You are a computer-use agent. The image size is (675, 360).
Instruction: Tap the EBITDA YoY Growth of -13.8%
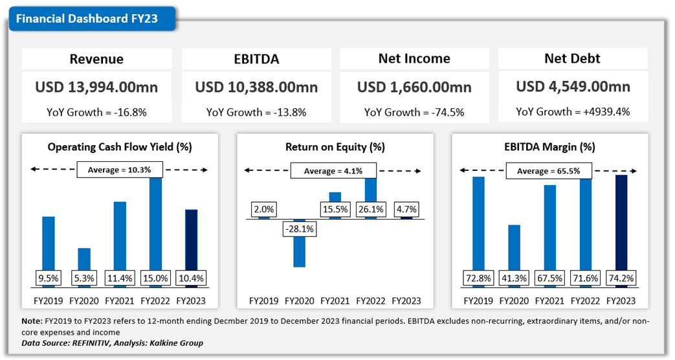[x=256, y=112]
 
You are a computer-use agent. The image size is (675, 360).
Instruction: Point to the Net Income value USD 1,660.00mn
[x=414, y=87]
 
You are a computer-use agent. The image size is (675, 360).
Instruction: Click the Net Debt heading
[x=572, y=59]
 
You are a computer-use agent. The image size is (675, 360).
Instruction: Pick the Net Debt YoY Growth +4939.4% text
[x=572, y=112]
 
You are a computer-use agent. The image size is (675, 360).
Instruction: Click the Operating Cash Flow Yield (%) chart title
[x=120, y=147]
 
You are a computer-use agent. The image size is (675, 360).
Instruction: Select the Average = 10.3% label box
[x=119, y=170]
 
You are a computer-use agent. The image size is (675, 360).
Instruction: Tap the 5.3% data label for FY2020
[x=84, y=279]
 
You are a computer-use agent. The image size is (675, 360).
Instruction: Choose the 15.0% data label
[x=155, y=279]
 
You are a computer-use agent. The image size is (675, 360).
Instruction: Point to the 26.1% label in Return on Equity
[x=371, y=210]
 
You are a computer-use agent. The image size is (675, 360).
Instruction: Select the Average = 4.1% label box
[x=333, y=171]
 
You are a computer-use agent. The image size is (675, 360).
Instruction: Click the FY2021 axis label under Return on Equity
[x=335, y=301]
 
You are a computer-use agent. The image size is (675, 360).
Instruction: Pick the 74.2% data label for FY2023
[x=621, y=279]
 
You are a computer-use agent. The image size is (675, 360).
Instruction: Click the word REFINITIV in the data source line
[x=91, y=343]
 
